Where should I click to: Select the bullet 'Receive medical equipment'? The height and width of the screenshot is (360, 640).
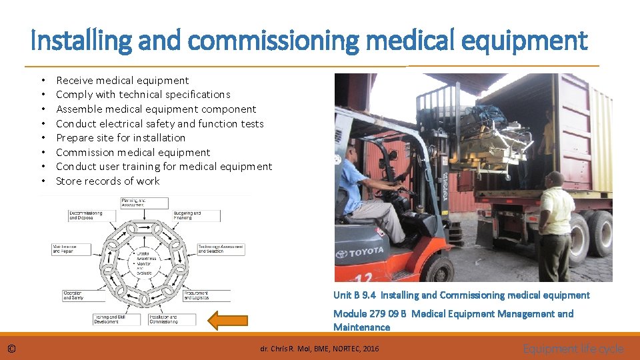(122, 81)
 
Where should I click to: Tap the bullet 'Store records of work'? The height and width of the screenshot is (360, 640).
(108, 181)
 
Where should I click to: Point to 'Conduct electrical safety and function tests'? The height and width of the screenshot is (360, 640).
(160, 124)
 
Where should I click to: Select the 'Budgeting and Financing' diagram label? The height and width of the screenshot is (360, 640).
(187, 215)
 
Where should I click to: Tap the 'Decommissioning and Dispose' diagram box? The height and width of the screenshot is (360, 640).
(86, 215)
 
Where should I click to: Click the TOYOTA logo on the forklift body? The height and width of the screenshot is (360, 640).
(359, 252)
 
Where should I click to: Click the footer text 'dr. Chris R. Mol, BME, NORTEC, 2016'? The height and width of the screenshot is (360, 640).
(319, 349)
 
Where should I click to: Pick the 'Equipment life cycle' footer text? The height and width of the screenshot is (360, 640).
(573, 349)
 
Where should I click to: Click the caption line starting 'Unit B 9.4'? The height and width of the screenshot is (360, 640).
(461, 295)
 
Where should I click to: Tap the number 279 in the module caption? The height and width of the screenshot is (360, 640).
(379, 314)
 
